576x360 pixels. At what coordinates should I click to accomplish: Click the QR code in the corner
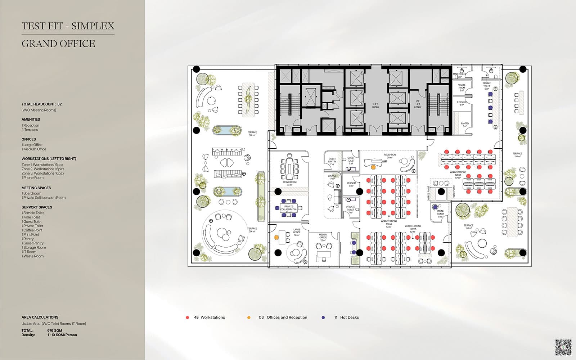563,347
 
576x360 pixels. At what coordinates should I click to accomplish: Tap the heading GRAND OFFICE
58,44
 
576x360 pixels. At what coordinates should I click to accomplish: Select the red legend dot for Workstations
187,318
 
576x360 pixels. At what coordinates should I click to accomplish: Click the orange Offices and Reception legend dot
249,318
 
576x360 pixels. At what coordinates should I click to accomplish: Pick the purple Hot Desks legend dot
323,318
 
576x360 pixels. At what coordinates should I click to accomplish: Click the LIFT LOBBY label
375,105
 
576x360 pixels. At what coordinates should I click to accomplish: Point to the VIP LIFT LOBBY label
418,104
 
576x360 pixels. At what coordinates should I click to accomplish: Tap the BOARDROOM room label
290,183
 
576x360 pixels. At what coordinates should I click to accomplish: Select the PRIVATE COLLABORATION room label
289,208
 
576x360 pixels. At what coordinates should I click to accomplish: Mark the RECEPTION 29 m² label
390,156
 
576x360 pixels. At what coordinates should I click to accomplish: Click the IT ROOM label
351,184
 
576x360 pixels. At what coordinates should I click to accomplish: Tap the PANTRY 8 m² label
465,125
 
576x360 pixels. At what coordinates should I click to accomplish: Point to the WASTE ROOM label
462,87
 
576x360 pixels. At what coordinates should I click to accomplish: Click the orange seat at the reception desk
373,167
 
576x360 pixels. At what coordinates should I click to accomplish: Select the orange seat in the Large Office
276,237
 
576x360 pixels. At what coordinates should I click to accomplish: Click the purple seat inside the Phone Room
435,207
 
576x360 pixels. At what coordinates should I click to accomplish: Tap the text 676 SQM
55,330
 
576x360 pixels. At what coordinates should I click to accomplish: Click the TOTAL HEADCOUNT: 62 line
41,104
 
